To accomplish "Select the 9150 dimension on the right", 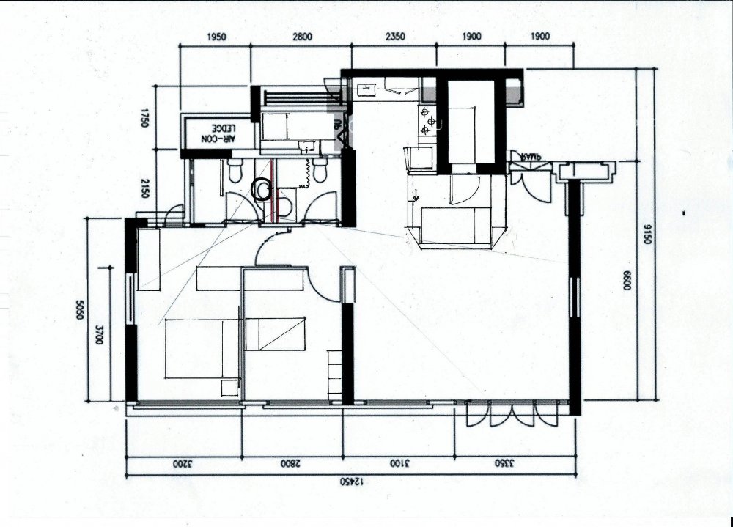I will [647, 235].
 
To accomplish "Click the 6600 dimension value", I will [627, 283].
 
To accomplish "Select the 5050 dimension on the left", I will [80, 312].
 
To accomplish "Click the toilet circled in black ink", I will [260, 190].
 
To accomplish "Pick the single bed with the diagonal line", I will [275, 333].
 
